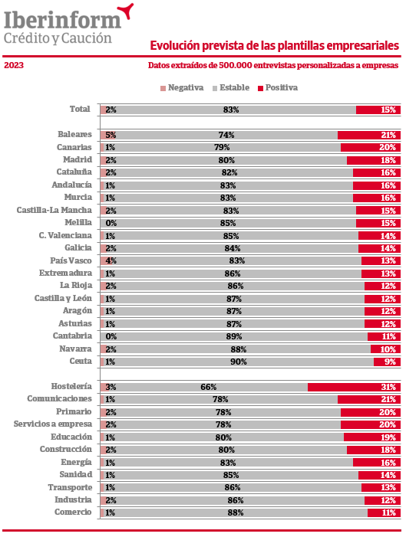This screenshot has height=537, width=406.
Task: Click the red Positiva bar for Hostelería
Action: [x=354, y=387]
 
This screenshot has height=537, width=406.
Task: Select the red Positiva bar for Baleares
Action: [x=369, y=135]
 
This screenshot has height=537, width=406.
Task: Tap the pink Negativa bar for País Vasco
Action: [x=106, y=260]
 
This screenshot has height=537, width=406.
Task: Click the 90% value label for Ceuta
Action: [x=239, y=362]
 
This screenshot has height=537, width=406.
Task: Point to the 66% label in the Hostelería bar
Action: [x=209, y=387]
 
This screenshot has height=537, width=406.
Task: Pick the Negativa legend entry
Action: [x=182, y=87]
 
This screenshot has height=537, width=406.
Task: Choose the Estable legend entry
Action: [x=231, y=87]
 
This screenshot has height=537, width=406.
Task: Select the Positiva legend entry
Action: [x=278, y=87]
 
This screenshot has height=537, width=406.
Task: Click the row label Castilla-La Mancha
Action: [x=54, y=210]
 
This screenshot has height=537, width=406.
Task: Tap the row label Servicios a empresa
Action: [x=53, y=424]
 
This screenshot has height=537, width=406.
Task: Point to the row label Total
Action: [x=80, y=109]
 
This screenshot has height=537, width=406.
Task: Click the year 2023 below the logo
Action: [x=14, y=65]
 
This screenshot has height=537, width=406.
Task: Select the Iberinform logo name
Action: [x=62, y=20]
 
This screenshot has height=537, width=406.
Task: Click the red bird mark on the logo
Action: [x=126, y=11]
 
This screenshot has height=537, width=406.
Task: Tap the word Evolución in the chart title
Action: [x=175, y=45]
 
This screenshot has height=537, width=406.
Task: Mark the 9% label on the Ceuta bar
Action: [x=390, y=362]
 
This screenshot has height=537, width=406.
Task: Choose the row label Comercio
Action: [x=73, y=512]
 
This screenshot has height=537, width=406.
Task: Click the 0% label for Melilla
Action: [x=111, y=223]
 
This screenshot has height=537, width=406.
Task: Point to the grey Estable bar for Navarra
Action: [x=236, y=349]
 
